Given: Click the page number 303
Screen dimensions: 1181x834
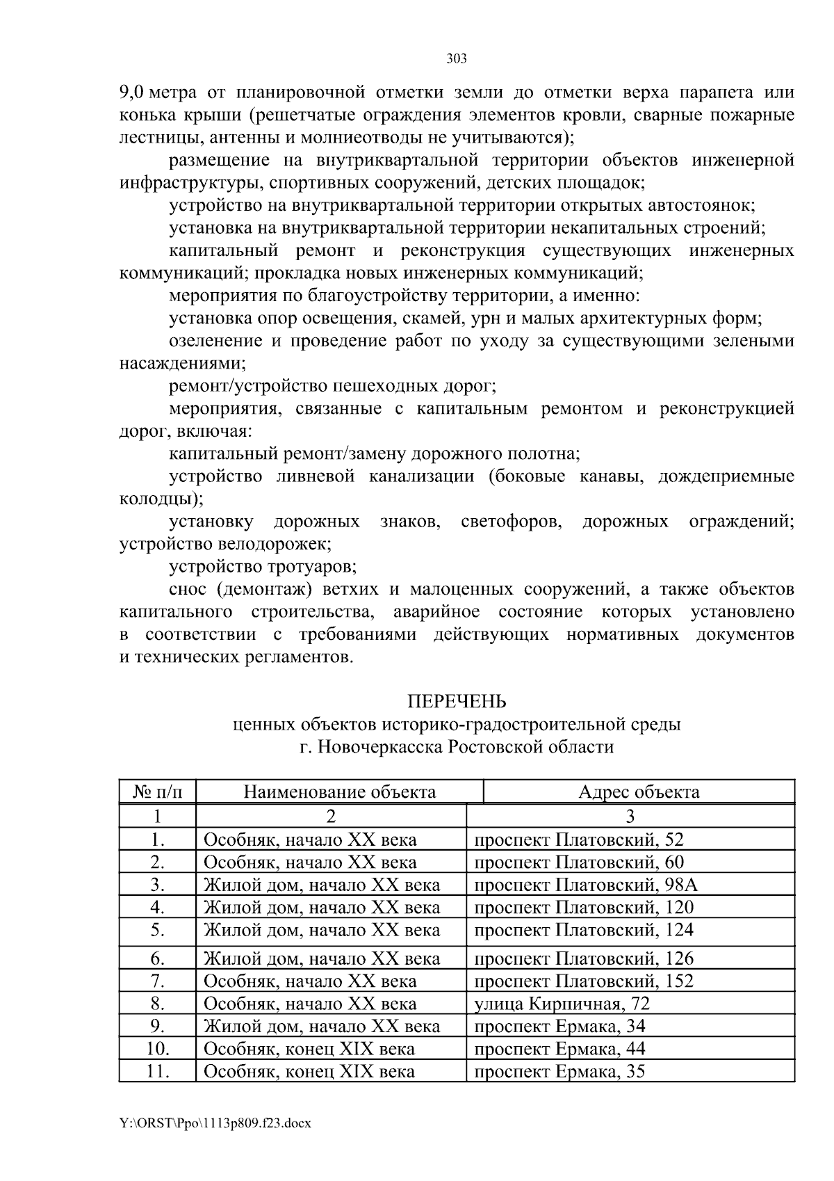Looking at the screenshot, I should [x=456, y=58].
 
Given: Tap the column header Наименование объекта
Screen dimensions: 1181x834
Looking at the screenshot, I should [x=339, y=792].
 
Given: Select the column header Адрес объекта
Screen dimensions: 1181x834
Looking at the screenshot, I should [x=639, y=792].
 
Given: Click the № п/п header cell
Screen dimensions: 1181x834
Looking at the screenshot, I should [x=157, y=792].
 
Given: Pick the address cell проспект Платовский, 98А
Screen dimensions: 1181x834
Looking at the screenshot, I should [x=585, y=885].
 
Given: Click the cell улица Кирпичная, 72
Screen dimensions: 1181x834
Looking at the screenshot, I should [x=562, y=1004].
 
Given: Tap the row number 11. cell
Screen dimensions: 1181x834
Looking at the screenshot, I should [x=157, y=1071].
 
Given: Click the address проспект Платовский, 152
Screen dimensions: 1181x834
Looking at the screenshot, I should [x=584, y=981].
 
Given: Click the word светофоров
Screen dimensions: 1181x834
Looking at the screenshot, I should [x=511, y=521].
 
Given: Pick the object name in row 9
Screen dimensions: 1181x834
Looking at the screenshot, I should [x=321, y=1026].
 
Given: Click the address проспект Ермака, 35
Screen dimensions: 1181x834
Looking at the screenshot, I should [x=559, y=1071].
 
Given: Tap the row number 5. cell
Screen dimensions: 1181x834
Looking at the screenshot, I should [x=157, y=930].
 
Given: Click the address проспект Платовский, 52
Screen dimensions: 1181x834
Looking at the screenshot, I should [x=579, y=839].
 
